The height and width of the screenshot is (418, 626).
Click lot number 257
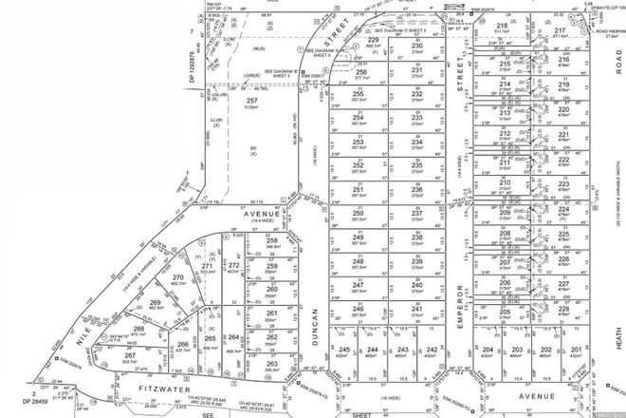tap(251, 100)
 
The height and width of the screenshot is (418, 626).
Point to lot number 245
tap(344, 350)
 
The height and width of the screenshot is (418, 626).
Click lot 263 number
tap(271, 364)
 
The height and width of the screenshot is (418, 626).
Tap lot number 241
tap(416, 309)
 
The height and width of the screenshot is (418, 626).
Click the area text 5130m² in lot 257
tap(251, 109)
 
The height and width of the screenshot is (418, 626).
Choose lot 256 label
tap(360, 71)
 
